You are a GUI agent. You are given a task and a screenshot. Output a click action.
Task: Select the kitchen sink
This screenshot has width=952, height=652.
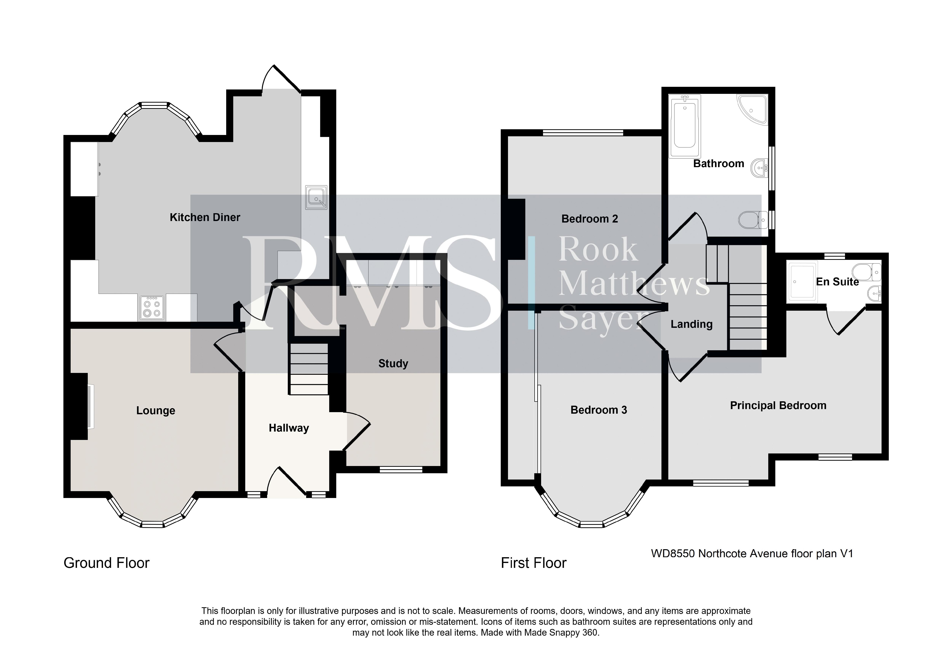click(x=316, y=197)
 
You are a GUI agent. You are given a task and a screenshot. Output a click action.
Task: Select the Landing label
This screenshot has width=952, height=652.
click(x=692, y=324)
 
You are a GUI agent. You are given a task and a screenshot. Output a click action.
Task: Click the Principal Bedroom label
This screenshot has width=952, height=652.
click(x=778, y=405)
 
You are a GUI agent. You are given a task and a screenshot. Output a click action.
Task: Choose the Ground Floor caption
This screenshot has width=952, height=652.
click(x=106, y=563)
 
